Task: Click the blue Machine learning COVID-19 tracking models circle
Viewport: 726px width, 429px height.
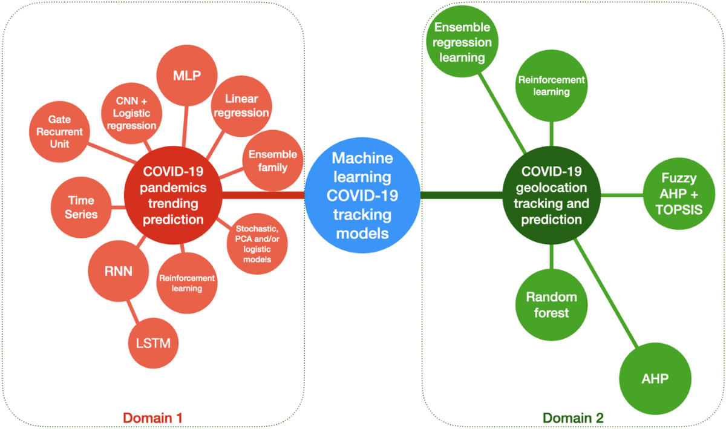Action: point(362,195)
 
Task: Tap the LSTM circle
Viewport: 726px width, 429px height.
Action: point(149,343)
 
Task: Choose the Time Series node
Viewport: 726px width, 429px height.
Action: point(81,207)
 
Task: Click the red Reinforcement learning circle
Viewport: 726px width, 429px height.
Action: point(186,283)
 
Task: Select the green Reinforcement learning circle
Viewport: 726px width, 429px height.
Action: point(551,86)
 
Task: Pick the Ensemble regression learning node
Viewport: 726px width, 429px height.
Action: point(462,43)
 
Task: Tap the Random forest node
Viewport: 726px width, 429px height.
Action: point(551,304)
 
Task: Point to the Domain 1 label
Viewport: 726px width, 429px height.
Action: point(152,418)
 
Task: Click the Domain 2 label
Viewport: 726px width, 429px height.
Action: point(572,418)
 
